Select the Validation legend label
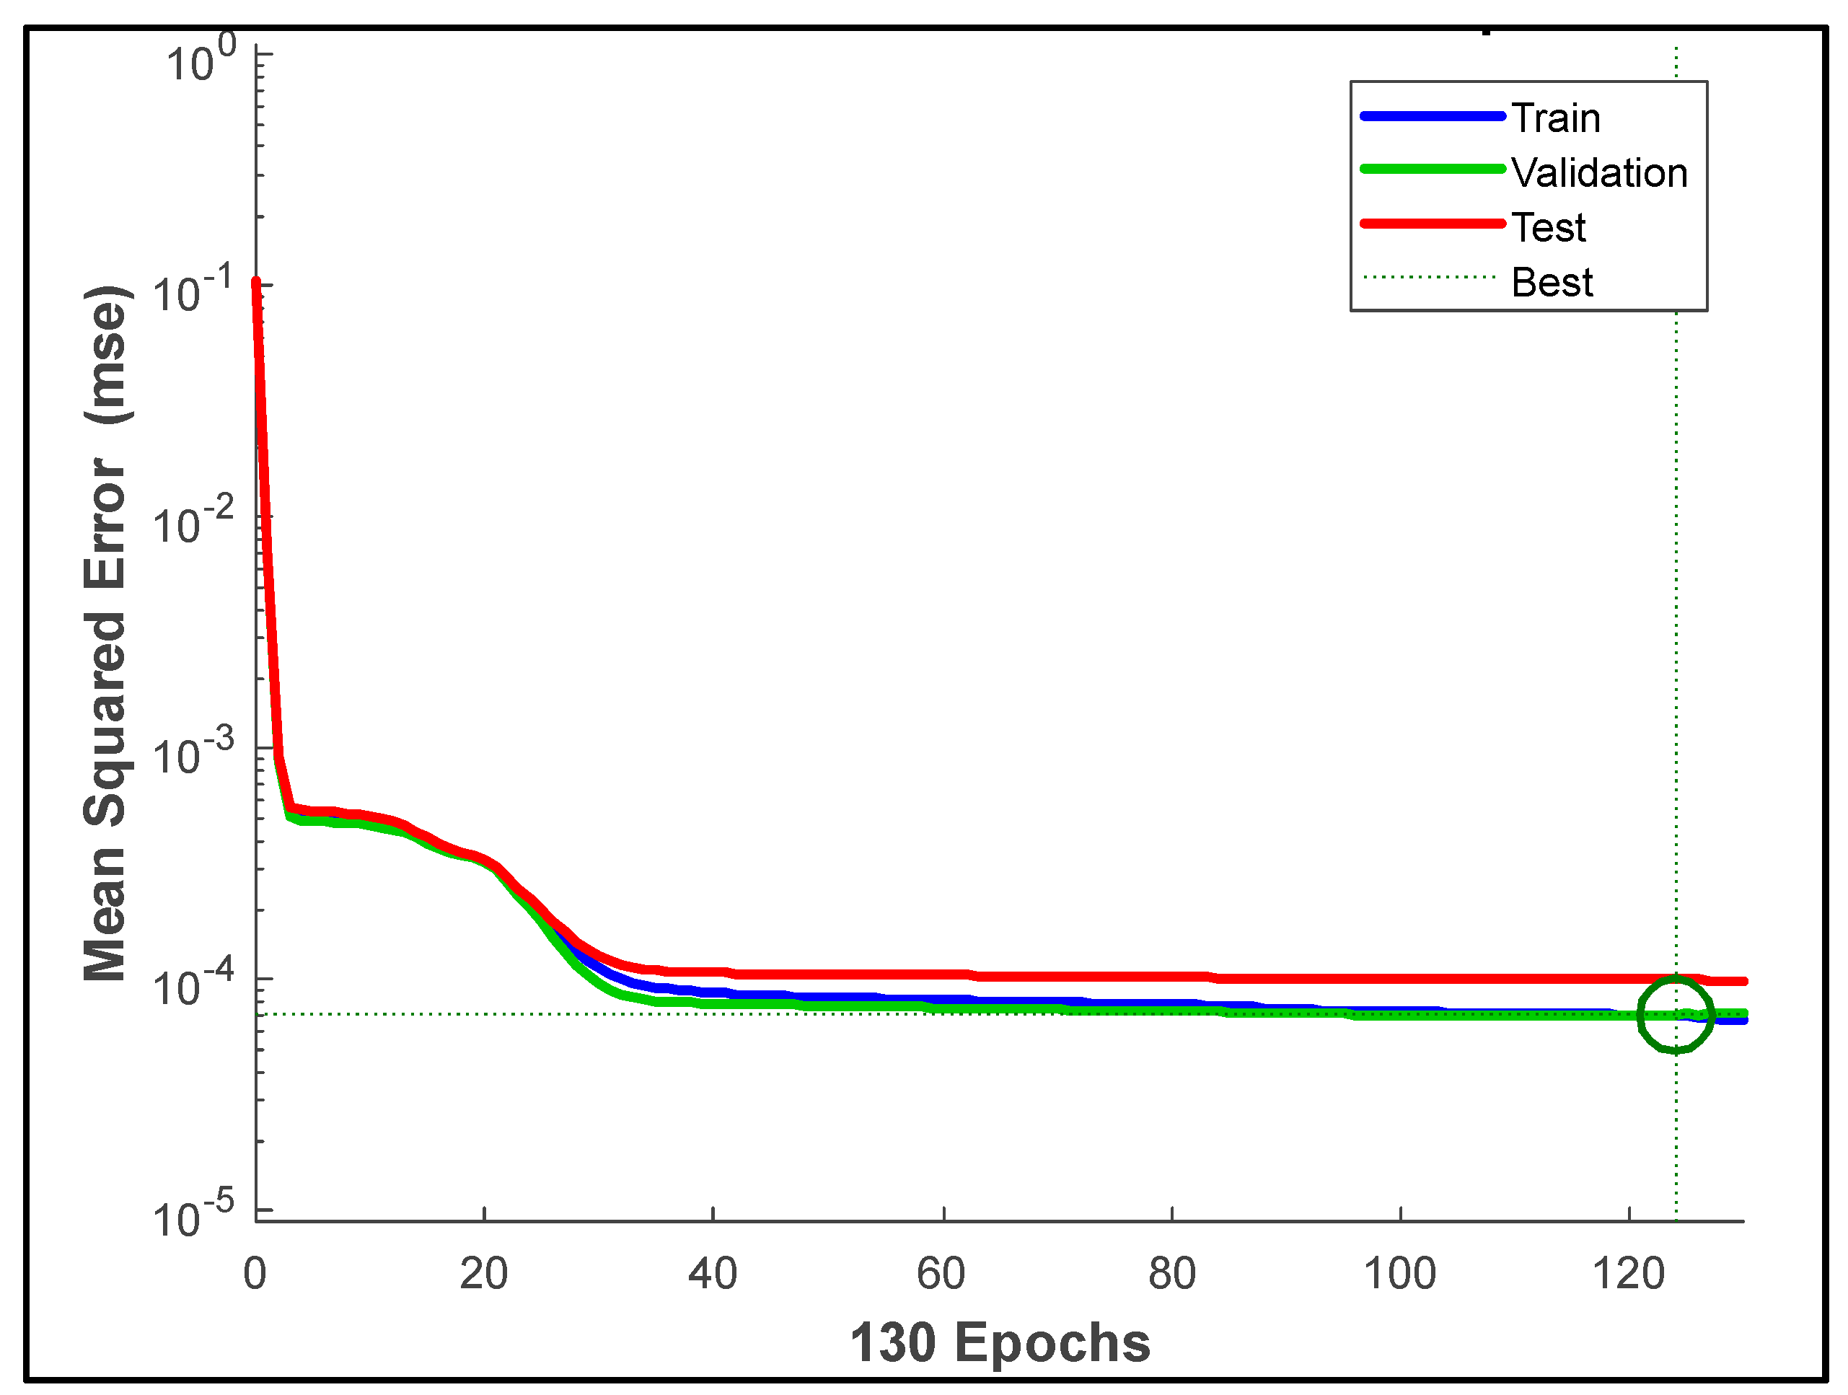click(1598, 174)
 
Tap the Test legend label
click(1547, 228)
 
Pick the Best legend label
click(1552, 282)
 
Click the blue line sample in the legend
click(1432, 116)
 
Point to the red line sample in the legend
click(1432, 224)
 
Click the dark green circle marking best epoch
click(1675, 1016)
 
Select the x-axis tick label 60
click(941, 1275)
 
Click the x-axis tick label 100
click(1399, 1275)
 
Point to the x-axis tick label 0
click(255, 1275)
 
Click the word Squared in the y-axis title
click(105, 727)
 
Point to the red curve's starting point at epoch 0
click(257, 282)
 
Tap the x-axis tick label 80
click(1171, 1275)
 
